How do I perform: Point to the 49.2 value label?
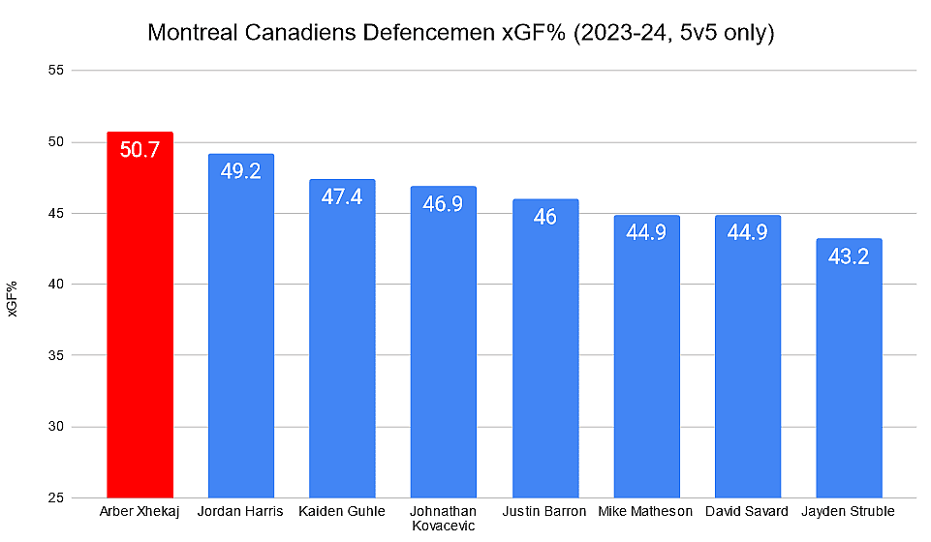click(241, 171)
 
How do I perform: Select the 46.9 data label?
click(444, 203)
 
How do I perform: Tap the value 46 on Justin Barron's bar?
click(544, 217)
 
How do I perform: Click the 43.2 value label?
click(849, 256)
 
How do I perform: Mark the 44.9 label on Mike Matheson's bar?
click(646, 232)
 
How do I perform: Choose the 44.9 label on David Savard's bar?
click(747, 232)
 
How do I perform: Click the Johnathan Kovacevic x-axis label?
click(444, 518)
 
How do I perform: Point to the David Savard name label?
click(747, 511)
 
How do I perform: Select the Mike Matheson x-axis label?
click(646, 511)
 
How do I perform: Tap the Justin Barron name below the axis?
click(544, 511)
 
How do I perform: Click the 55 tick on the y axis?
click(55, 71)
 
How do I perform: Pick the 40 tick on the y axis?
click(55, 285)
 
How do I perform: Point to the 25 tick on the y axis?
click(55, 498)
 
